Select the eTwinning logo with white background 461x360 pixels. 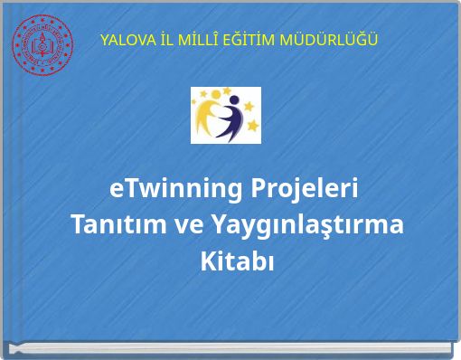[225, 115]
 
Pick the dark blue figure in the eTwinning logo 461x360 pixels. [233, 122]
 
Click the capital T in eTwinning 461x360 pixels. [127, 191]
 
